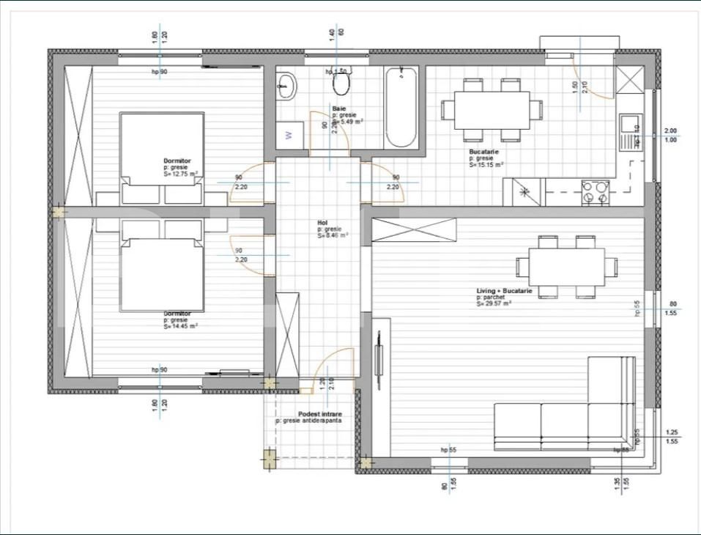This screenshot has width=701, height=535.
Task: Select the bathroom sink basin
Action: point(286,86)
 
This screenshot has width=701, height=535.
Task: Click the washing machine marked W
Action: point(288,135)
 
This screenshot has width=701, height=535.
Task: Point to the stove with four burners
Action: point(595,193)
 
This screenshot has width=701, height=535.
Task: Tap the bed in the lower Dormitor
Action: point(162,275)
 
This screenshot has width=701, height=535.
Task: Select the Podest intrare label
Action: point(319,414)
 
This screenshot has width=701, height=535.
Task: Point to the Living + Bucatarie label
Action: point(504,291)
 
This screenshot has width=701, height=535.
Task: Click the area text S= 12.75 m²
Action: point(180,174)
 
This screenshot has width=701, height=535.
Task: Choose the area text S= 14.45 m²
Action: point(180,327)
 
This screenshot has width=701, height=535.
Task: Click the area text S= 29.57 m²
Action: point(494,303)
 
